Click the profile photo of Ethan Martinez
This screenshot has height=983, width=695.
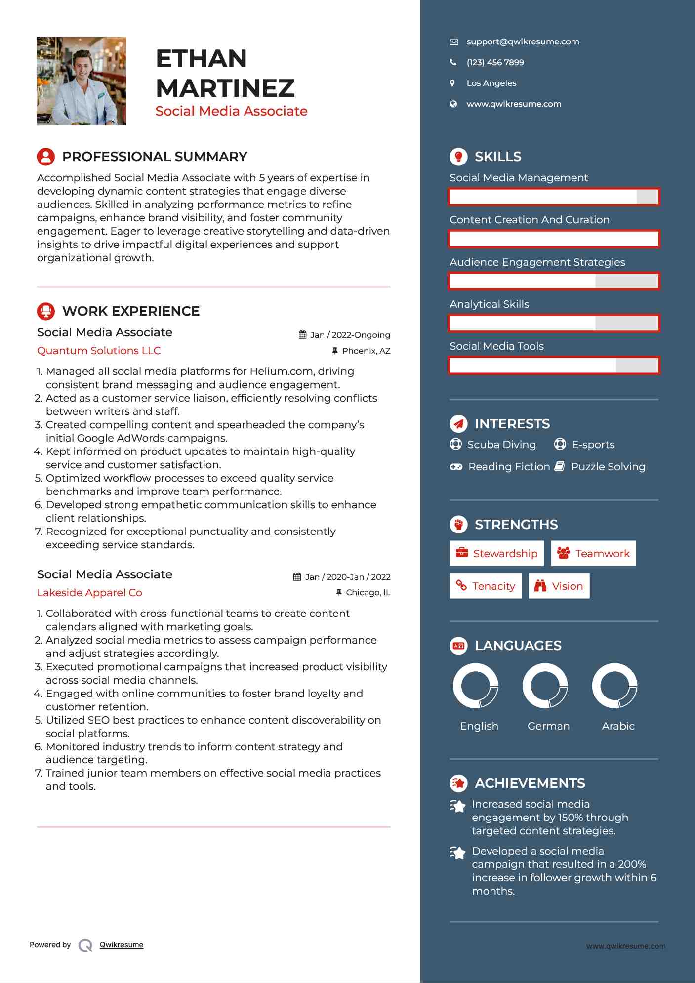[x=82, y=81]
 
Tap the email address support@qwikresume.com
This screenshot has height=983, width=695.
[x=523, y=42]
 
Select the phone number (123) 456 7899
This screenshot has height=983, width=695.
[x=495, y=63]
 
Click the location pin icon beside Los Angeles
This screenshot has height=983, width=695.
[x=452, y=83]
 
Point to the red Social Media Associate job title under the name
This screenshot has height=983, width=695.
[x=231, y=111]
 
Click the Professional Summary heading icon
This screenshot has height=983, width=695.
[x=46, y=157]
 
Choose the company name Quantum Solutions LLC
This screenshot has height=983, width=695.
[x=99, y=351]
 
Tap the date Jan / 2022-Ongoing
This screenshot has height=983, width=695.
[x=350, y=335]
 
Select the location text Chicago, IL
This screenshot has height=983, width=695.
[x=368, y=592]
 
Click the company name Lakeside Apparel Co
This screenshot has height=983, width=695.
[x=89, y=593]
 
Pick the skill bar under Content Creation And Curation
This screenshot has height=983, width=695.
[x=554, y=239]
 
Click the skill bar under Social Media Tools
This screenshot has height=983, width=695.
[x=554, y=366]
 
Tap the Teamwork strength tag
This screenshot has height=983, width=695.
[x=593, y=553]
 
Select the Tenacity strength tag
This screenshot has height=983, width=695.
[x=486, y=586]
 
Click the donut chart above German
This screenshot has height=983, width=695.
[x=545, y=686]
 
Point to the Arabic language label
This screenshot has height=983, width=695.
[x=618, y=726]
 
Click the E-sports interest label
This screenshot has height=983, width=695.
[x=593, y=445]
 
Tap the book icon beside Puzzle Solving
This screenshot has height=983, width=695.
[x=560, y=466]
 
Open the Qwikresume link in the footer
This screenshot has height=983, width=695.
[x=122, y=945]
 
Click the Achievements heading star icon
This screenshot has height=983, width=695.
[x=458, y=783]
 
